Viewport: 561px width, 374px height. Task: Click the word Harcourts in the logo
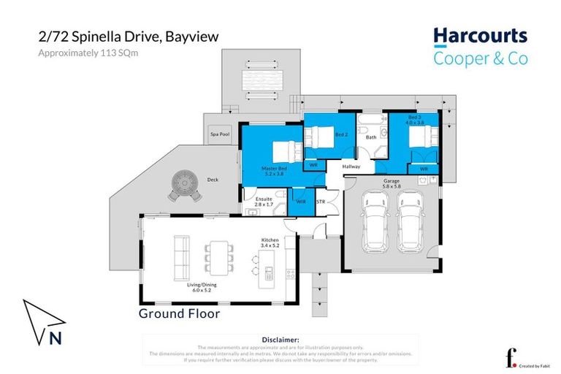pyautogui.click(x=480, y=36)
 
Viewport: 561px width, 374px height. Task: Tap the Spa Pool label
pyautogui.click(x=215, y=134)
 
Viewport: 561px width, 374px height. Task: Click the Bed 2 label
pyautogui.click(x=341, y=135)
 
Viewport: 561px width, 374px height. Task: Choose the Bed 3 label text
pyautogui.click(x=414, y=117)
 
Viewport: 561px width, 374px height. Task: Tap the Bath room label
pyautogui.click(x=371, y=137)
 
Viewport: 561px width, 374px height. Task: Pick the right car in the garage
pyautogui.click(x=411, y=217)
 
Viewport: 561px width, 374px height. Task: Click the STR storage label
pyautogui.click(x=321, y=202)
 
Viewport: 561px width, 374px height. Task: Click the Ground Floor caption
pyautogui.click(x=179, y=313)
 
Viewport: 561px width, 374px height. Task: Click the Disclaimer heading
pyautogui.click(x=280, y=340)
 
